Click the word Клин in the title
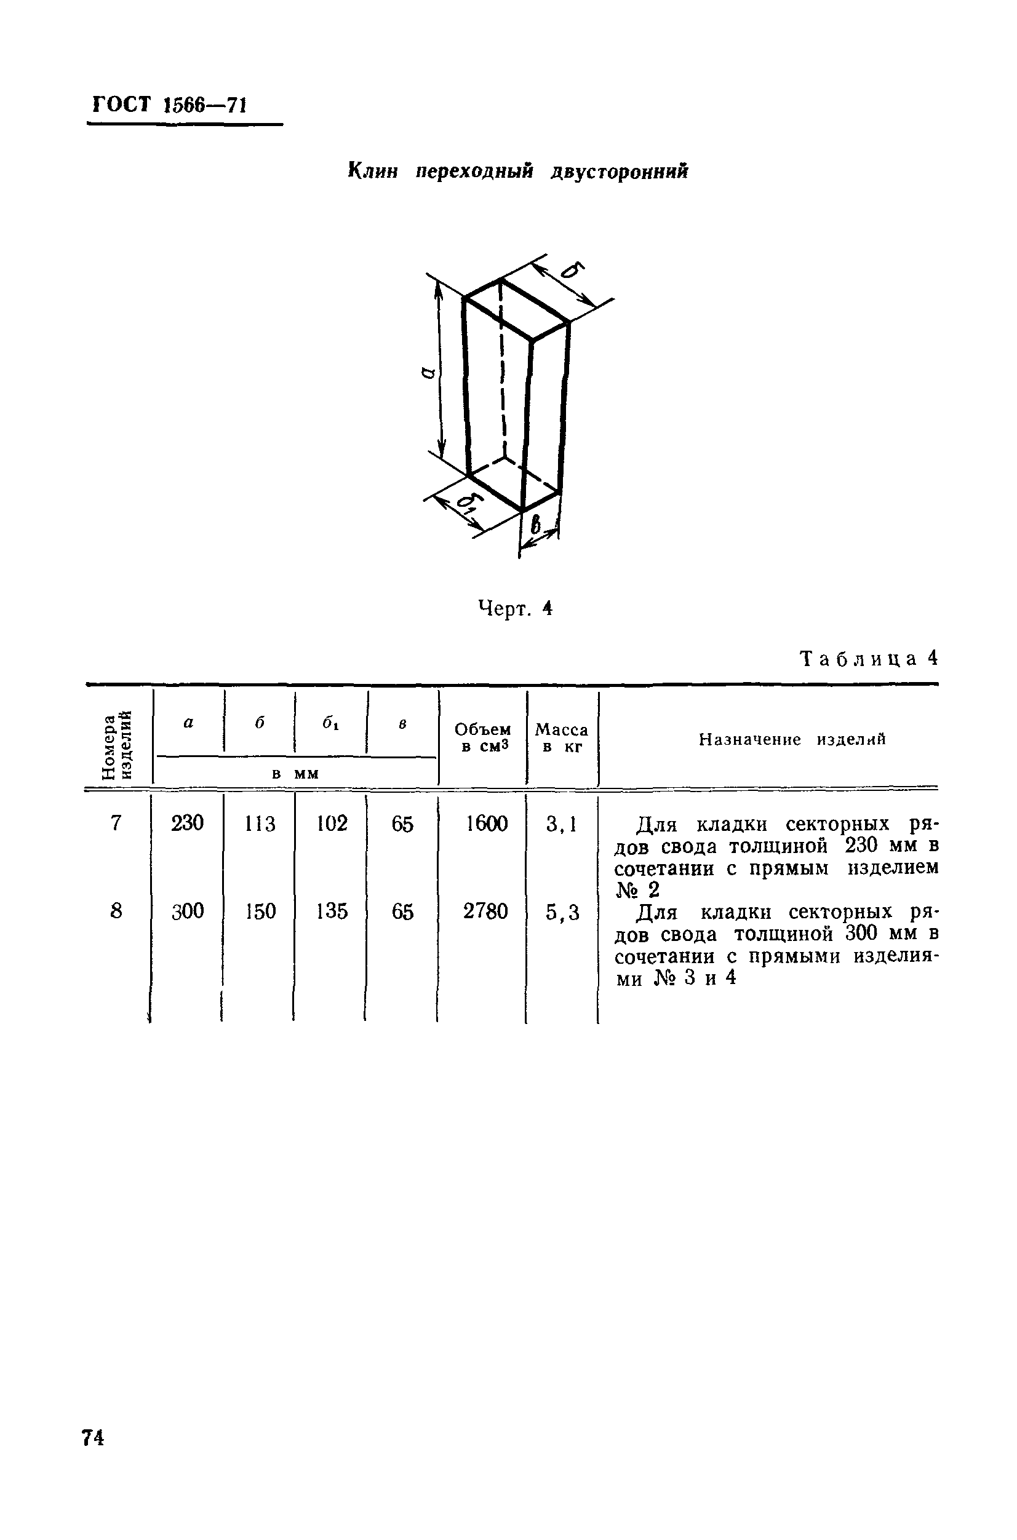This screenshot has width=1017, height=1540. point(373,171)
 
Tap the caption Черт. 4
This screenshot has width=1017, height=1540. point(515,608)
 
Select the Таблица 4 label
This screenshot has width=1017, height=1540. point(869,659)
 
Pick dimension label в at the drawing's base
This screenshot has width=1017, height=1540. point(535,524)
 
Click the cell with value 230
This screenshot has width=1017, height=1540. point(188,823)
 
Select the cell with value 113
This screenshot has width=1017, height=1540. point(260,824)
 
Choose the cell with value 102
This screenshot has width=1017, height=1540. point(332,824)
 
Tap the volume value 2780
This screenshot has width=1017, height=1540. point(485,911)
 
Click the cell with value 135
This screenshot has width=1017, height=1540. point(332,911)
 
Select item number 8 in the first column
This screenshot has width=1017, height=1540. point(116,911)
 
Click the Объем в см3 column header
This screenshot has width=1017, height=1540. point(482,738)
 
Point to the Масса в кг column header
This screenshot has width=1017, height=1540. point(562,738)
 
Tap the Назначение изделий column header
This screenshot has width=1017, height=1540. point(792,739)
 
